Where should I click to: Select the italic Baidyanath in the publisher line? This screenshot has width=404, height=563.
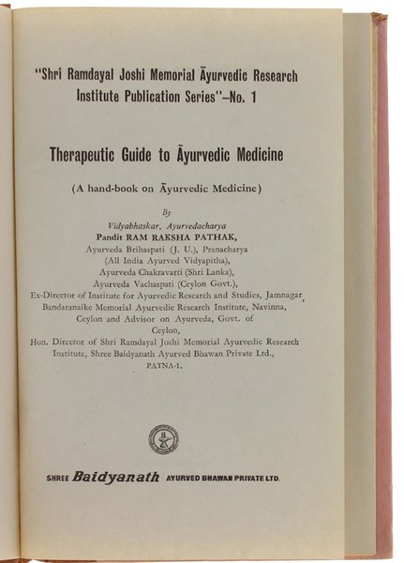118,476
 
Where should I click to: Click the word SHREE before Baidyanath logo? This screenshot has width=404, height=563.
59,478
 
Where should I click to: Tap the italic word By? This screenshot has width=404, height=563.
165,212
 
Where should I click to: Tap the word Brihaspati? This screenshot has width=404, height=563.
143,251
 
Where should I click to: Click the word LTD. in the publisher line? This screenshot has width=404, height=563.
268,478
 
